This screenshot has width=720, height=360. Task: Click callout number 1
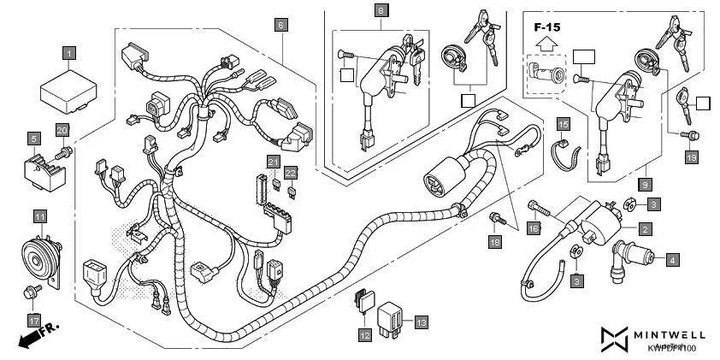point(69,53)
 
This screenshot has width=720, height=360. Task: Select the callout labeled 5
point(33,138)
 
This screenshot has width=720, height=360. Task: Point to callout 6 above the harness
point(280,26)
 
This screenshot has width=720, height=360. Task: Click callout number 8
point(381,11)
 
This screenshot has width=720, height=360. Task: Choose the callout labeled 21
point(273,162)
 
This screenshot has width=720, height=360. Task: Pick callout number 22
point(291,173)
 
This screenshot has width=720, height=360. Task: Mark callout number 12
point(365,336)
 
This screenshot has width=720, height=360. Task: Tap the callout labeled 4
point(674,258)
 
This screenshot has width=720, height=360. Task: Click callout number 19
point(691,156)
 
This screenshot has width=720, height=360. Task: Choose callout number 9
point(646,184)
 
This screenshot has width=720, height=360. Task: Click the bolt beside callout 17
point(32,293)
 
